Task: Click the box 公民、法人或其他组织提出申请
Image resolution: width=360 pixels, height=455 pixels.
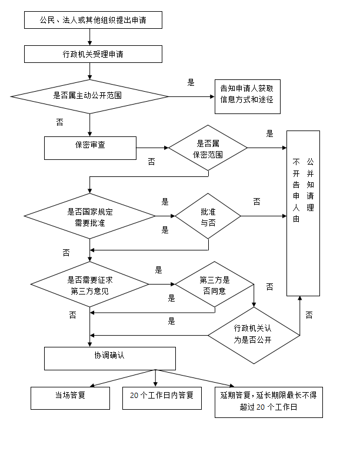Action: (x=93, y=21)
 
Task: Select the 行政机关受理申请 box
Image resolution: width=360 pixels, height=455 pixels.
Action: (x=93, y=54)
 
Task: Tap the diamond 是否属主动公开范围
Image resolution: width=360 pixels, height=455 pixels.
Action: (x=89, y=96)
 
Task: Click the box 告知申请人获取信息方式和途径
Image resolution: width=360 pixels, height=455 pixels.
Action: (x=247, y=96)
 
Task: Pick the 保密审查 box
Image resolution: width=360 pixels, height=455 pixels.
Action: (x=91, y=148)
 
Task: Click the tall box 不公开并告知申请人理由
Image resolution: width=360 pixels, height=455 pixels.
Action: (x=303, y=213)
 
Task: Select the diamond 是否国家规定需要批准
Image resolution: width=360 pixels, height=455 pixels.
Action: (x=89, y=217)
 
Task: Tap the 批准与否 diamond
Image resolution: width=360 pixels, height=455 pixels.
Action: (x=208, y=216)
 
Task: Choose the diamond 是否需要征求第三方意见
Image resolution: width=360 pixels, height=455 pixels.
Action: (x=89, y=285)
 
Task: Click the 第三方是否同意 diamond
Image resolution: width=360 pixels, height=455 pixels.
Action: (x=215, y=285)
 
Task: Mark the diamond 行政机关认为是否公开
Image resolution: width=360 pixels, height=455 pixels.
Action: (x=254, y=335)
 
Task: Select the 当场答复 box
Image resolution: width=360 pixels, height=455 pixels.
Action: (x=70, y=398)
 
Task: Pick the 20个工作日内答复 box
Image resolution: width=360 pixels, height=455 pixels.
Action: (x=162, y=398)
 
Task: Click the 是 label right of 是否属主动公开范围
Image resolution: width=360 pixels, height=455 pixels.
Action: (x=191, y=83)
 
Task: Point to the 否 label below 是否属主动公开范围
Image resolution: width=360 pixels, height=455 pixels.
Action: (x=59, y=122)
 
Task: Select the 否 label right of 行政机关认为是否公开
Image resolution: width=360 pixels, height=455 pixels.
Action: (x=309, y=315)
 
